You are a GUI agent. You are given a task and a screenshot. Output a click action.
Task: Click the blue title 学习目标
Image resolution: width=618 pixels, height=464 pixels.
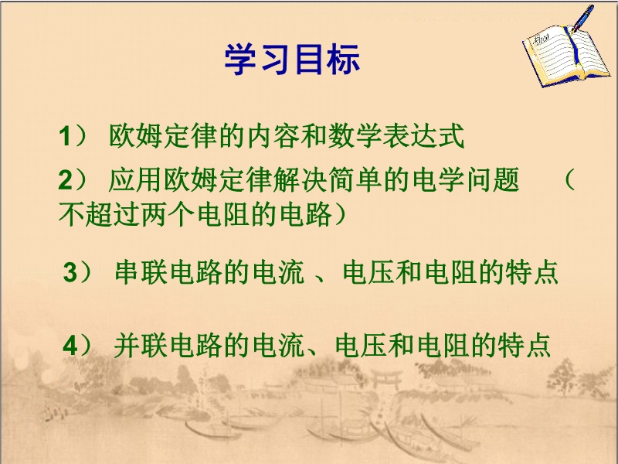(292, 60)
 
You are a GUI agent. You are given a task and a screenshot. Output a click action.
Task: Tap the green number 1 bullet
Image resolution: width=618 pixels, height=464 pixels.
(65, 137)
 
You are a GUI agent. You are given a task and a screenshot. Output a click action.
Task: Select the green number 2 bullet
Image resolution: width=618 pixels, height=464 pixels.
(65, 180)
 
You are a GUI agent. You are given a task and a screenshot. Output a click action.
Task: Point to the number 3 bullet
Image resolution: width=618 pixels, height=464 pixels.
(70, 272)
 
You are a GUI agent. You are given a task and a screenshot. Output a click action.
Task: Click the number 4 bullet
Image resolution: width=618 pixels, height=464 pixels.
(70, 346)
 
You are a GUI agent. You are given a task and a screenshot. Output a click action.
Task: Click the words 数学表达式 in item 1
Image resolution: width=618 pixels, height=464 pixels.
(396, 136)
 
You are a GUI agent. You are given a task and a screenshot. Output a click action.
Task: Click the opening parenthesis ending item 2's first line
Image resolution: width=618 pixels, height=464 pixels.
(569, 180)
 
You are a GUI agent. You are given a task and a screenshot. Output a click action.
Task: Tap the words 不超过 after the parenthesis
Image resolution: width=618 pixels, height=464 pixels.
(100, 214)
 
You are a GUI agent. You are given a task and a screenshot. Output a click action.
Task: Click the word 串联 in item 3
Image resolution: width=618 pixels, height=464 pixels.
(141, 272)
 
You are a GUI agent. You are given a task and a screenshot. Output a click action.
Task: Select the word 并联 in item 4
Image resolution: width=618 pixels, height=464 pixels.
(141, 346)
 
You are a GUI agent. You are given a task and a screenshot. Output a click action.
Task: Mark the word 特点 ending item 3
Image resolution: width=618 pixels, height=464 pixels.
(532, 272)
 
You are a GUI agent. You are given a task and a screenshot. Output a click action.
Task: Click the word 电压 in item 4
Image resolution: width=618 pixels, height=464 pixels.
(361, 346)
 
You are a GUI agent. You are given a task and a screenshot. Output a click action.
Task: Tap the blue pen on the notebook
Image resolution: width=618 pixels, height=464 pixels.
(582, 18)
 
